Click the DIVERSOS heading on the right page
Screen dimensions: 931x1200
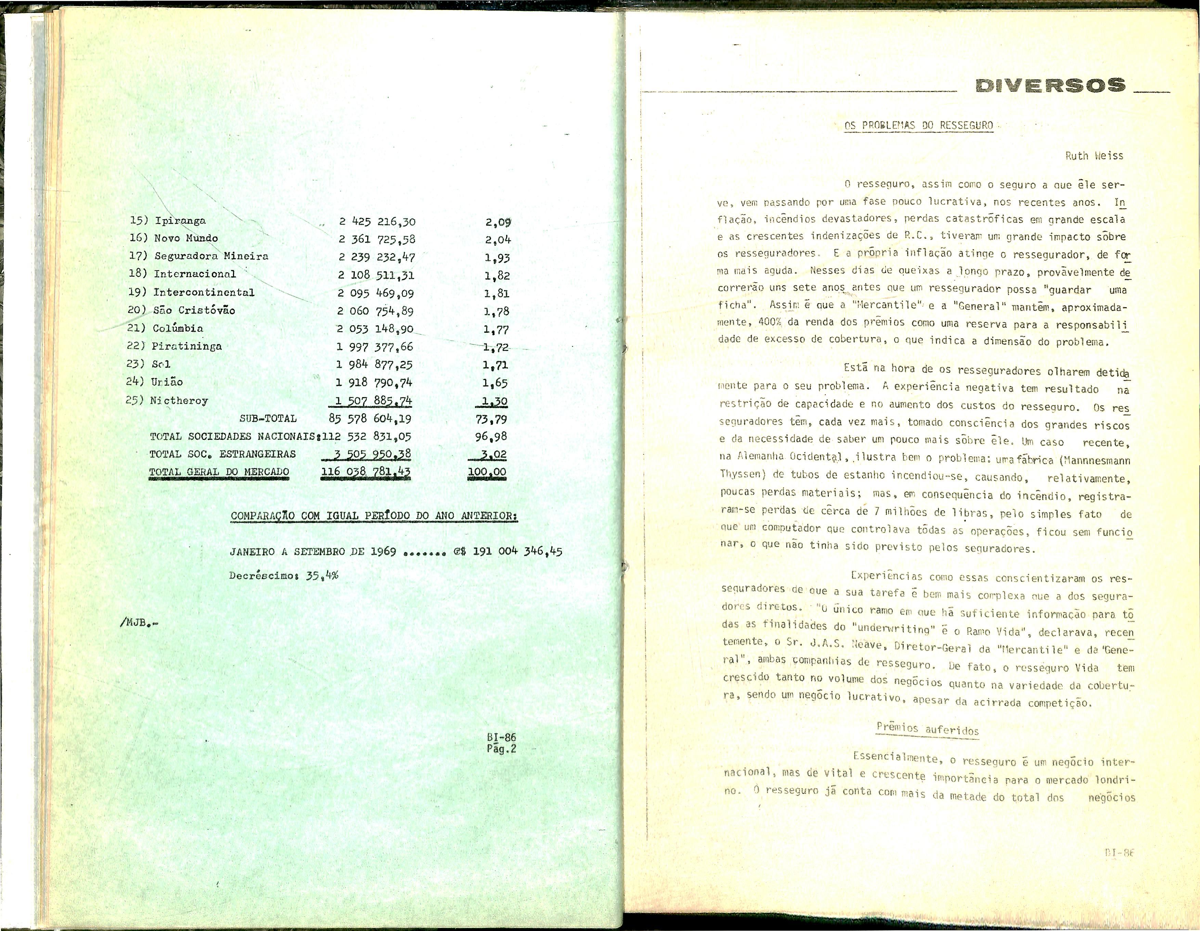pyautogui.click(x=1049, y=86)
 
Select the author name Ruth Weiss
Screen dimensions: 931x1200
pyautogui.click(x=1094, y=156)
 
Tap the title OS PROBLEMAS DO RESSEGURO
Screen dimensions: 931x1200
pyautogui.click(x=919, y=126)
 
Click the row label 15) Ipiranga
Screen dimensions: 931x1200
pyautogui.click(x=168, y=221)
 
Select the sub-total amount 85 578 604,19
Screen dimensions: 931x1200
pyautogui.click(x=370, y=419)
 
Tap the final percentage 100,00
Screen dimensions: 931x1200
pyautogui.click(x=487, y=472)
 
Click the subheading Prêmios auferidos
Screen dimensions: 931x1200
pyautogui.click(x=928, y=730)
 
